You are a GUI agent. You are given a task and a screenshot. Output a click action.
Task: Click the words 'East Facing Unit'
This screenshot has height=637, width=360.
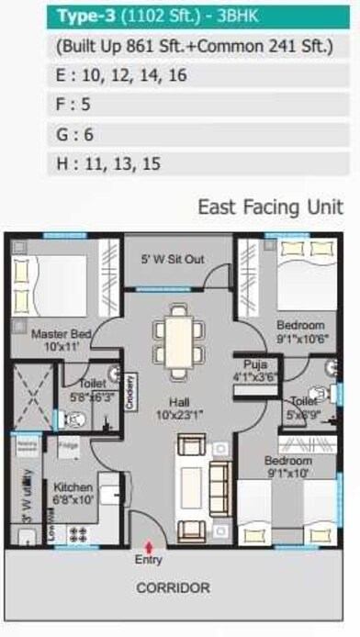(x=271, y=207)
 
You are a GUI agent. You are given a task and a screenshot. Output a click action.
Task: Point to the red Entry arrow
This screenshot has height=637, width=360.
(x=149, y=547)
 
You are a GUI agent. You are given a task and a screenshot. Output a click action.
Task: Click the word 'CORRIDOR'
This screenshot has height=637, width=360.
(x=174, y=587)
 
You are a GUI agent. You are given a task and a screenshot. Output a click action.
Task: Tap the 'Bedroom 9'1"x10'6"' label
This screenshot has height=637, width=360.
(x=300, y=331)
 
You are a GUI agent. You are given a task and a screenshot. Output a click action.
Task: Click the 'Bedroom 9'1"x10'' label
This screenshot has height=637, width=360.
(x=287, y=467)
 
